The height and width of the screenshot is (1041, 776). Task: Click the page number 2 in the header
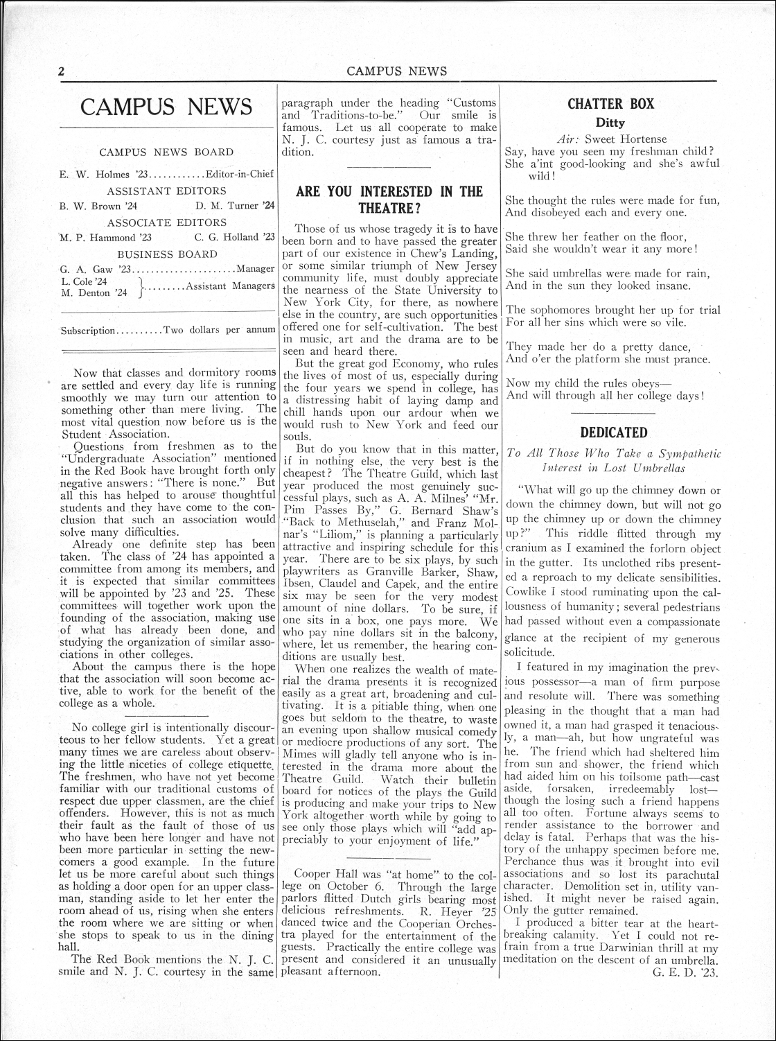coord(61,71)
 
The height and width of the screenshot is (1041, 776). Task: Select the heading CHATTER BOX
coord(610,105)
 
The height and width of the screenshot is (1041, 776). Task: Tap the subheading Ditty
coord(610,123)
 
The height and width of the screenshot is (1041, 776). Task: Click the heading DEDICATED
coord(613,432)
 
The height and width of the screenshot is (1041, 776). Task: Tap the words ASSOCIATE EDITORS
coord(166,222)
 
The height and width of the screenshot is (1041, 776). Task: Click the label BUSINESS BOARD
coord(166,254)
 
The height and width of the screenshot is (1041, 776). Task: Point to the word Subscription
coord(88,330)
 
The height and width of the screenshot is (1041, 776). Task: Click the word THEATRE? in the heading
coord(390,208)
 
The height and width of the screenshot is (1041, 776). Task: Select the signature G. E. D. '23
coord(685,972)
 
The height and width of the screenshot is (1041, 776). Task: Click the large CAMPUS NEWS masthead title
coord(166,107)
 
